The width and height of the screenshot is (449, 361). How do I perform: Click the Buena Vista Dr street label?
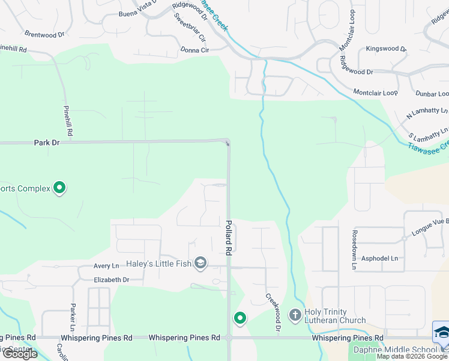pos(138,13)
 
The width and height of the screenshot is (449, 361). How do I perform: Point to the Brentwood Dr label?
pos(44,35)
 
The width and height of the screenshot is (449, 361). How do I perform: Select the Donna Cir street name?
pos(194,50)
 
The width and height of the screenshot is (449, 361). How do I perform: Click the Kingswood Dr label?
pos(386,49)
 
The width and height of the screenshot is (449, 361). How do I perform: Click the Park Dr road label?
pos(47,143)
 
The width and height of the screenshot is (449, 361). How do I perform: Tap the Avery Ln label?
pos(106,266)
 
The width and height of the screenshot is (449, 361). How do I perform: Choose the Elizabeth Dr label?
pos(111,280)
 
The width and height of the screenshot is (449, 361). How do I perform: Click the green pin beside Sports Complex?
pos(59,188)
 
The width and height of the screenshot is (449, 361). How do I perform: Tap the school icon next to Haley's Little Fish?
pos(200,263)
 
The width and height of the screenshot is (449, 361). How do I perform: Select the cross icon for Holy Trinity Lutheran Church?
pos(295,315)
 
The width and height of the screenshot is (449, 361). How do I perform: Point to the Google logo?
pos(20,354)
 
